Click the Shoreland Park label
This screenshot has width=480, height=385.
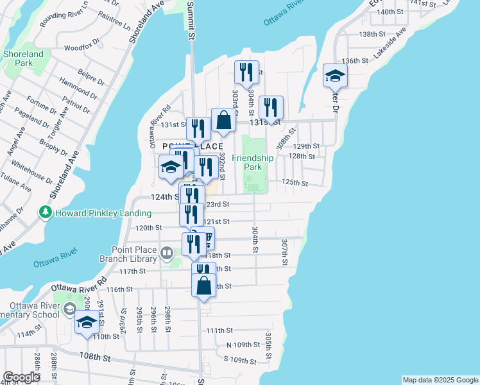[22, 59]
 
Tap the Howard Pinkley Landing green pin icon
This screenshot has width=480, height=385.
[45, 212]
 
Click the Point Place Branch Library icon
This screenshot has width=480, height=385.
[167, 253]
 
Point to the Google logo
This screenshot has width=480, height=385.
[21, 377]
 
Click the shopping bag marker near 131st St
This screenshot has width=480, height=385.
[223, 121]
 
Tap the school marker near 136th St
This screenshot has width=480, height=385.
[335, 78]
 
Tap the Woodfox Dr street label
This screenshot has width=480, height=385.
[79, 47]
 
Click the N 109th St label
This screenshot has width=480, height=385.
[244, 345]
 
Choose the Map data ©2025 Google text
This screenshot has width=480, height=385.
[440, 380]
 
